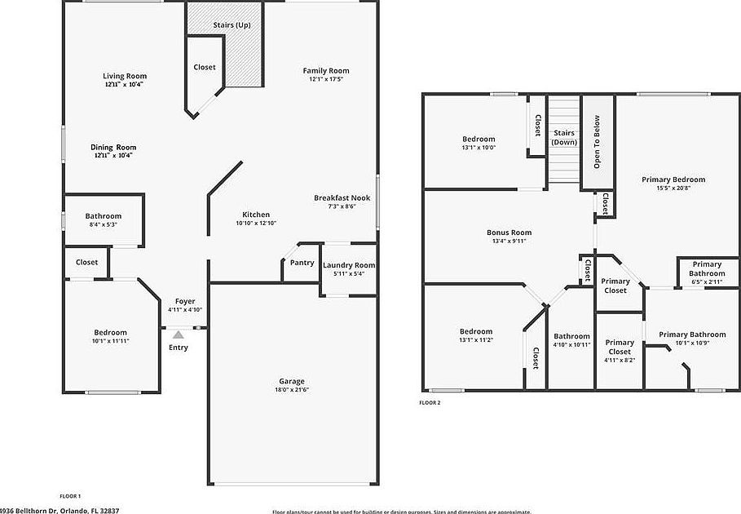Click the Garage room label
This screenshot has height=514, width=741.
pos(291,382)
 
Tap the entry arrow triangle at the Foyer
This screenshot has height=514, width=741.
pos(179,334)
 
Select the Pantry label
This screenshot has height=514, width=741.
pos(302,263)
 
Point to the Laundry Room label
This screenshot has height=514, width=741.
pos(349,265)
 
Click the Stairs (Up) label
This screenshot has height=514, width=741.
pos(232,25)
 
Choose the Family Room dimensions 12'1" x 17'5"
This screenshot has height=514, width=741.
pos(326,79)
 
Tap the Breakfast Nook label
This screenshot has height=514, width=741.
pos(342,198)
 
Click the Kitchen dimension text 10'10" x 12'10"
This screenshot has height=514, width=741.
pos(257,223)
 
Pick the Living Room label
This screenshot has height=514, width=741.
pos(125,76)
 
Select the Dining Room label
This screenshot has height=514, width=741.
pos(113,147)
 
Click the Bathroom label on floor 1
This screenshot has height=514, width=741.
pos(104,216)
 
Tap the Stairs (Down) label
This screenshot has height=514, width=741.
pos(564,137)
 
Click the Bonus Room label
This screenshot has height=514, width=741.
pos(509,233)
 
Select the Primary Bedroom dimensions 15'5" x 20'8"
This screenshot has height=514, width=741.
pos(673,188)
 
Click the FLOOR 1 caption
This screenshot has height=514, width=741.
pos(70,496)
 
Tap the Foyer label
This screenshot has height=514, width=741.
pos(185,301)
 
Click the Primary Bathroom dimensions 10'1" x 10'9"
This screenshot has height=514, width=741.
pos(692,343)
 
